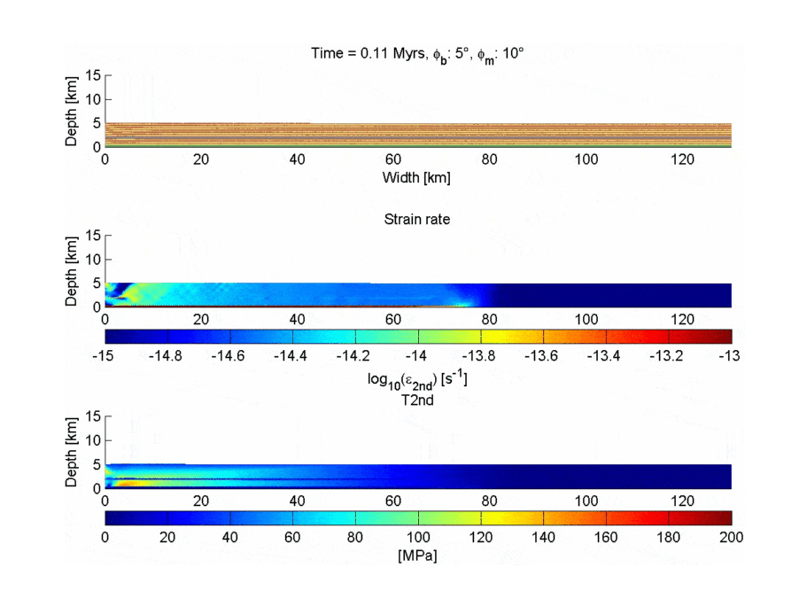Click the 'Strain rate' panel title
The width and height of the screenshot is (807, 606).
416,219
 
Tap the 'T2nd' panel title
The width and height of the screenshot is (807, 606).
416,400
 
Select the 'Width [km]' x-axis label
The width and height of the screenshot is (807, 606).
416,178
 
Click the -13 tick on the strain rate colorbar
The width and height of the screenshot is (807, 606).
729,355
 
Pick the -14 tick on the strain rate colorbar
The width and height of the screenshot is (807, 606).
416,355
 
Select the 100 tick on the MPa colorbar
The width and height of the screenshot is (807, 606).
418,537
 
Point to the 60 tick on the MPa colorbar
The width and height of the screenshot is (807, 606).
293,537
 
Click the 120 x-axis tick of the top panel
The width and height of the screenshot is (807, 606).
683,160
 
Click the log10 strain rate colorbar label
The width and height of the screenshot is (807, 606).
416,379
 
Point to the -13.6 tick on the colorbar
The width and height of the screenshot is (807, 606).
541,355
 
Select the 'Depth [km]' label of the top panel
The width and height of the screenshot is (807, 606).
73,111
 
